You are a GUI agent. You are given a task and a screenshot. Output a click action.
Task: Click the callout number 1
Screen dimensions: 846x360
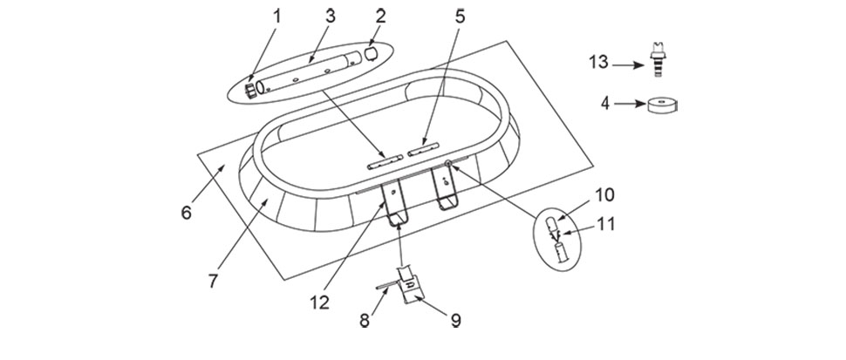pos(277,17)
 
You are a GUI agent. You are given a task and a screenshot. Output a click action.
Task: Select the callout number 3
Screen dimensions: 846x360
pos(331,17)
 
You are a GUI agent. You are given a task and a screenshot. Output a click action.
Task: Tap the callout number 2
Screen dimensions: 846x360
pos(381,17)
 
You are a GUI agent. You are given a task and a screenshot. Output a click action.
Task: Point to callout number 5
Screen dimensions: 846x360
pos(459,17)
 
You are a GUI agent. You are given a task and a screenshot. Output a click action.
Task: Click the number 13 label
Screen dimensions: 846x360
pos(598,63)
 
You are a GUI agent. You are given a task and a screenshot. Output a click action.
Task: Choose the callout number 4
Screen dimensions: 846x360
pos(605,103)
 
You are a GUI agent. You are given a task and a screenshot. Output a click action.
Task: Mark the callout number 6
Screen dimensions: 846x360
pos(186,213)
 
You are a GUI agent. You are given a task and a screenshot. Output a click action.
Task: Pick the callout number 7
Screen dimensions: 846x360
pos(213,281)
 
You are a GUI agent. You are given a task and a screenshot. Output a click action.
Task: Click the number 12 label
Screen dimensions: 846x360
pos(319,302)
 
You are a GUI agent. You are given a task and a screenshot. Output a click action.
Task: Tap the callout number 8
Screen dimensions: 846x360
pos(365,320)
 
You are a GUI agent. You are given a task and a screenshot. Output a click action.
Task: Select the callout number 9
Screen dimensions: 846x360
pos(456,320)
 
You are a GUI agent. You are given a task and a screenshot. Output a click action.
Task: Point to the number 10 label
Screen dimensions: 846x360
pos(604,194)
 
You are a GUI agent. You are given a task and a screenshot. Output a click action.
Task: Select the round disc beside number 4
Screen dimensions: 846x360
pos(662,105)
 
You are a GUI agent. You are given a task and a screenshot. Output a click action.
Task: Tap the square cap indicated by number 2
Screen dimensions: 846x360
pos(371,54)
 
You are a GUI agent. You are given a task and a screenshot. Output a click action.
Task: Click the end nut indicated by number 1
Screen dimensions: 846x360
pos(251,90)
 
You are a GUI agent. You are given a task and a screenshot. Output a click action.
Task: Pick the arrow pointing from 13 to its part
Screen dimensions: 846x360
pos(628,65)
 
